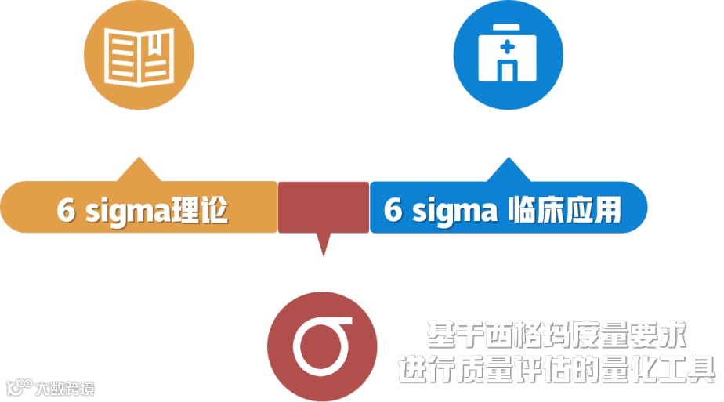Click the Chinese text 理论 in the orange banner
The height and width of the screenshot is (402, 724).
(200, 210)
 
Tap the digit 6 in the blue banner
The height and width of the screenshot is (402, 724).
(393, 211)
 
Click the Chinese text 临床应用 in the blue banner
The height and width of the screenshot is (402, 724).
(564, 210)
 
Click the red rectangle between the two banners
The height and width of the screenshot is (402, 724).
(324, 207)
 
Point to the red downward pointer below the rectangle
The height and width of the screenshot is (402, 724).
(323, 244)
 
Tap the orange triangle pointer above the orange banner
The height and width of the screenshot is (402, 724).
(139, 170)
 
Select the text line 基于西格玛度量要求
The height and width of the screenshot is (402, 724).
(557, 336)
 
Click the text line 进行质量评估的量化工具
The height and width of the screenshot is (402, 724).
(557, 368)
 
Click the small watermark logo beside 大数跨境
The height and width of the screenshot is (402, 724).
(20, 386)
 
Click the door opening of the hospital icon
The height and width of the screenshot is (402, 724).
(508, 71)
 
